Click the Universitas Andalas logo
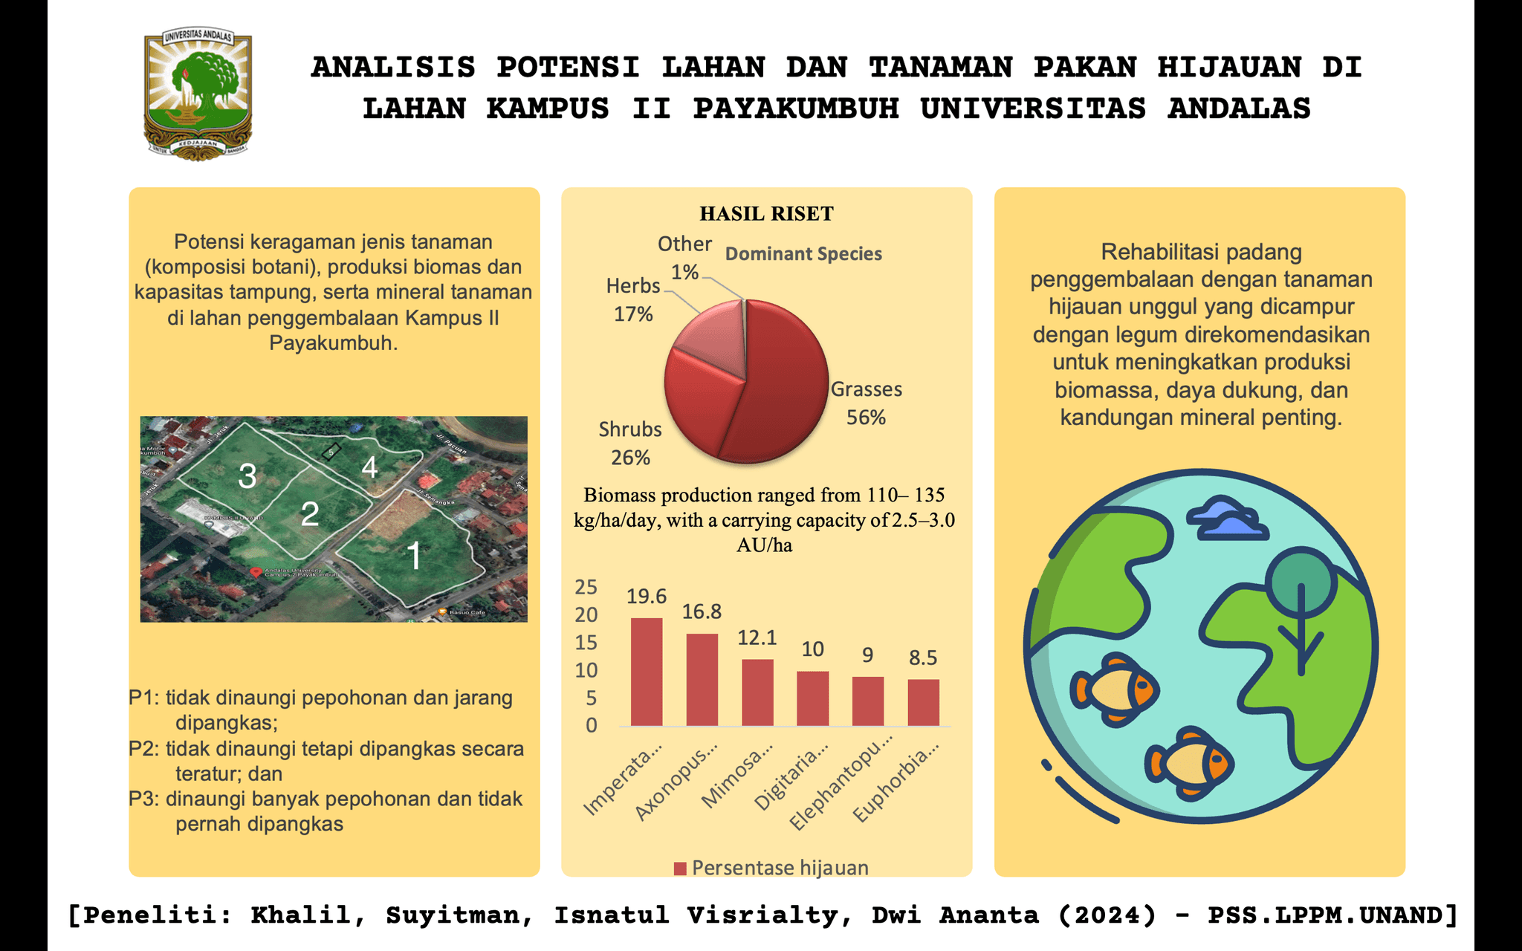[198, 95]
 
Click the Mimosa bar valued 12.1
[757, 692]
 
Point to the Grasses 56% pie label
[867, 403]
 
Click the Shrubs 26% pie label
[630, 443]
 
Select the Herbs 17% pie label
[633, 299]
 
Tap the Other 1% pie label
[684, 257]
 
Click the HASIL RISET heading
[766, 214]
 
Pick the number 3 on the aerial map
[247, 476]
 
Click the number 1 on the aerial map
[414, 556]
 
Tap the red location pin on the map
[256, 572]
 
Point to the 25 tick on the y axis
[586, 587]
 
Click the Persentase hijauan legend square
[680, 869]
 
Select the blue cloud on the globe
[1226, 518]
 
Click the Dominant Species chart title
[803, 254]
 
